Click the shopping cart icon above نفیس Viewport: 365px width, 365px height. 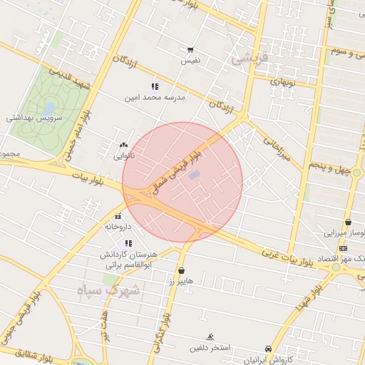(190, 50)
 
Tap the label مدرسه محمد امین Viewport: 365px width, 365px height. (155, 96)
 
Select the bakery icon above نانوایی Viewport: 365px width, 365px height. (123, 145)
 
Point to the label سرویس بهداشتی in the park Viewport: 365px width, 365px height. (35, 118)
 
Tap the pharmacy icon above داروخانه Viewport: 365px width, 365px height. (118, 216)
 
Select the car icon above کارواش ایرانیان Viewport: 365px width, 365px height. (268, 349)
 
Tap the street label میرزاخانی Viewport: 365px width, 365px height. (279, 149)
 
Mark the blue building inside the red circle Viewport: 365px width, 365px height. (195, 175)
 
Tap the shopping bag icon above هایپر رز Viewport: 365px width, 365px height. (182, 271)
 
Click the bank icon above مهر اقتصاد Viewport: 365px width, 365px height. (344, 247)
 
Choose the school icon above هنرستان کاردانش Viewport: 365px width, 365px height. (128, 244)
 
